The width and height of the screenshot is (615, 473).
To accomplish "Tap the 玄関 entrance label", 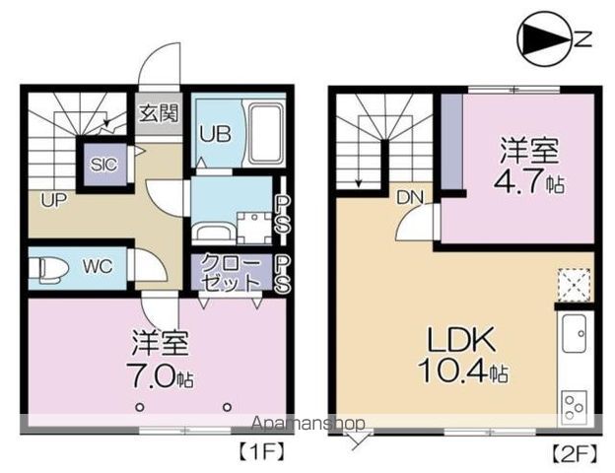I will point(159,112).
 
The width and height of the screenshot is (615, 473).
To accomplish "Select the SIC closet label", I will point(103,165).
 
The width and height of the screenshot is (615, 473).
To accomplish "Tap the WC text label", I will point(96,267).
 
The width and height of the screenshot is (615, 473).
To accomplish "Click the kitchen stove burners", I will point(574,404).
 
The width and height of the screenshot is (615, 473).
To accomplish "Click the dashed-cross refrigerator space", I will point(574,284).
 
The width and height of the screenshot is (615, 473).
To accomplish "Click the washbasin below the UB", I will point(213,231).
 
